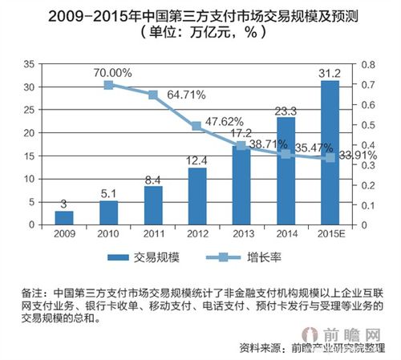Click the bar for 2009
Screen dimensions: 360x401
point(63,219)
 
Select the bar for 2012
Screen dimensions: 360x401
point(196,197)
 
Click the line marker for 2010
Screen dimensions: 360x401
point(108,83)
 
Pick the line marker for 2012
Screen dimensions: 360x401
point(196,126)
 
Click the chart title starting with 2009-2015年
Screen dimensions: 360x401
point(200,14)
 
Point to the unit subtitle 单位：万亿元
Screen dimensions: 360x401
point(200,34)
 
